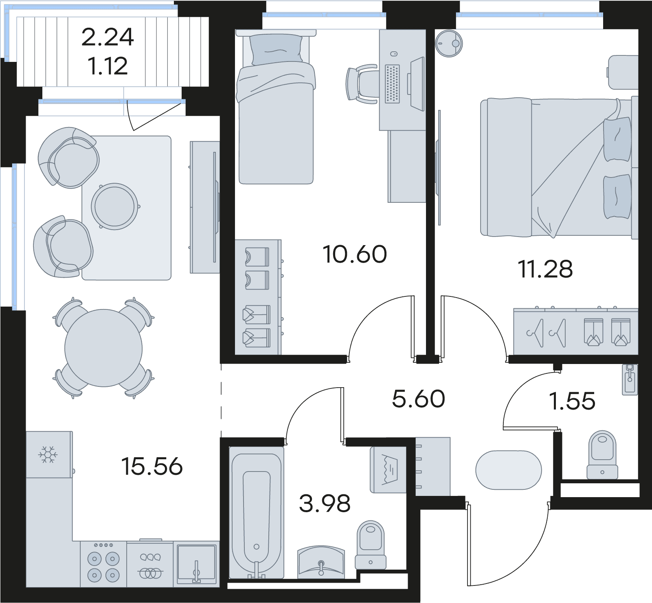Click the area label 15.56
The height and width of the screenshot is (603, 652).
point(152,466)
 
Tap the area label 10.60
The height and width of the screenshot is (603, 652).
point(355,254)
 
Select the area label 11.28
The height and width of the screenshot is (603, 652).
point(545,269)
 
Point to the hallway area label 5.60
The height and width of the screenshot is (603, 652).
point(418,399)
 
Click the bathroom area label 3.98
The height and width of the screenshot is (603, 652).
point(325,504)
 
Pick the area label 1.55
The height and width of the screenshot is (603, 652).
point(572,401)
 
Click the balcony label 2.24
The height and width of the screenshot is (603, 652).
point(108,37)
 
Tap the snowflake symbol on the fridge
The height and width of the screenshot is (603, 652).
point(48,454)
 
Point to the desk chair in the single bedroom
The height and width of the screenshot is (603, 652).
point(362,84)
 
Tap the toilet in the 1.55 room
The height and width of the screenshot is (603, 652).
point(602,454)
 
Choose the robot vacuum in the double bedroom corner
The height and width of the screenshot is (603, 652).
point(449,43)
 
